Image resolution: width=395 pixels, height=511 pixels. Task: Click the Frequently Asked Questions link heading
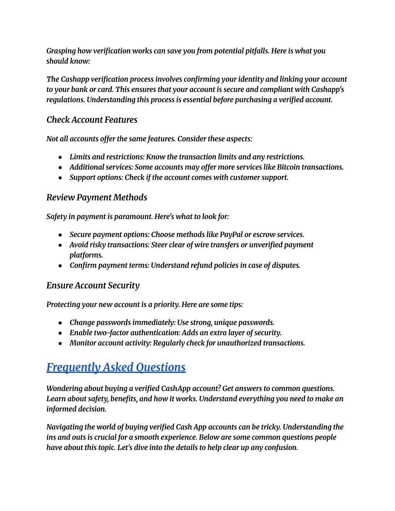point(116,367)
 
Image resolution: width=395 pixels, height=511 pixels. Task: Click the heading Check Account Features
point(92,120)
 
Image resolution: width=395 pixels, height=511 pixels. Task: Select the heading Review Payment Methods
point(96,197)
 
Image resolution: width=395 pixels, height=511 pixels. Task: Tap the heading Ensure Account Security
point(93,285)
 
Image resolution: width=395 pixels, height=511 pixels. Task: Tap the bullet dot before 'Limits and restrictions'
point(61,157)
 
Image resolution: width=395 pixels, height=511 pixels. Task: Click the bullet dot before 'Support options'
point(61,178)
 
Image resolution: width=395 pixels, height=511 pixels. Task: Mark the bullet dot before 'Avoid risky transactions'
point(61,245)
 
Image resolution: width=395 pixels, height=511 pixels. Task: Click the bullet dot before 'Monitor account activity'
point(61,343)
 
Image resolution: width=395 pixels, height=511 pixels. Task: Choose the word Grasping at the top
point(61,51)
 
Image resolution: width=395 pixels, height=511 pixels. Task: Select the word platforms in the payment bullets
point(86,255)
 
